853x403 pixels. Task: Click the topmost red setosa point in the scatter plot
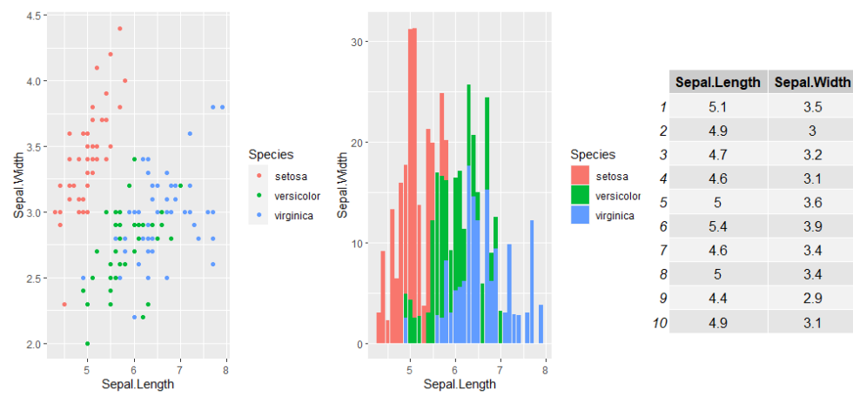(119, 29)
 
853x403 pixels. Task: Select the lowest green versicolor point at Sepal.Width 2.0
(87, 344)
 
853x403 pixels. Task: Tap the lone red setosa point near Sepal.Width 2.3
(64, 304)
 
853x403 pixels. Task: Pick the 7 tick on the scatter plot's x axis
(180, 369)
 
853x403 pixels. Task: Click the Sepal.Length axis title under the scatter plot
(138, 384)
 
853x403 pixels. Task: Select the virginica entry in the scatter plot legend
(292, 215)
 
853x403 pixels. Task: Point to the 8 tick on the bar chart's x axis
(544, 369)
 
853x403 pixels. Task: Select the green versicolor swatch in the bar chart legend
(580, 196)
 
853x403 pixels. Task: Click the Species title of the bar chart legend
(593, 154)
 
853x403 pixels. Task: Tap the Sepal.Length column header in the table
(718, 83)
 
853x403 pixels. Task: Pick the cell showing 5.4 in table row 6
(718, 226)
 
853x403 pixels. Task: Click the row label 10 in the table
(658, 323)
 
